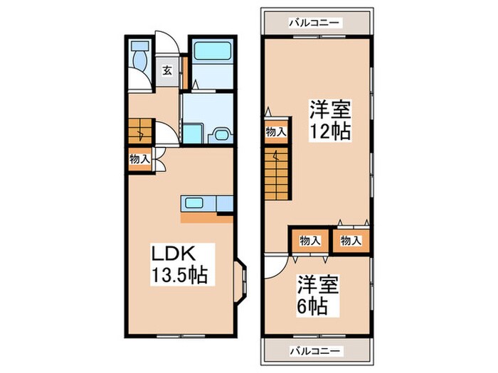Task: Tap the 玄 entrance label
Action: (x=166, y=70)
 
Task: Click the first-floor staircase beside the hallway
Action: (x=139, y=131)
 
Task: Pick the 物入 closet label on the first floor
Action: (x=139, y=159)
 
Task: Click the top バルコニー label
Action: (x=315, y=23)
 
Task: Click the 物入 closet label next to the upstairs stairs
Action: (x=276, y=131)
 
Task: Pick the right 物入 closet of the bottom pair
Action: (x=351, y=240)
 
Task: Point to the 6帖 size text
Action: (x=313, y=307)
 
